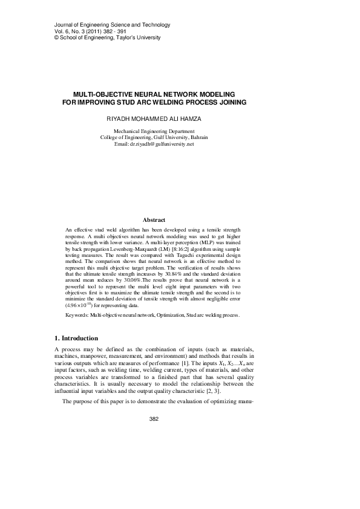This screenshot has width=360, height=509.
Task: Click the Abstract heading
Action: click(154, 220)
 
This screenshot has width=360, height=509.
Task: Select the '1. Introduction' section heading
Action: click(76, 338)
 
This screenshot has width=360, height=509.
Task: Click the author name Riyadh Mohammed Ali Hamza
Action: click(153, 120)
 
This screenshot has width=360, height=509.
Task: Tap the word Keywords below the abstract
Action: click(77, 315)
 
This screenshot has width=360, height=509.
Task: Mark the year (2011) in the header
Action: click(88, 31)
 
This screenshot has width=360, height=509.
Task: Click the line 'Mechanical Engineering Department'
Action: click(154, 131)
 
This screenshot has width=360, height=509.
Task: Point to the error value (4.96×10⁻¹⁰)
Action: click(80, 307)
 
